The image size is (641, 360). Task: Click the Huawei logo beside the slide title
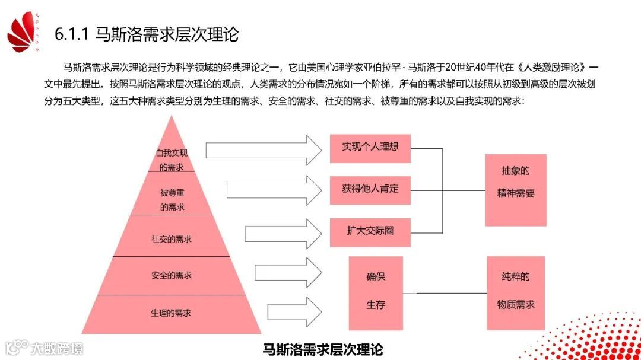[x=23, y=33]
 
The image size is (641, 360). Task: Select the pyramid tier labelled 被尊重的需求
[x=172, y=199]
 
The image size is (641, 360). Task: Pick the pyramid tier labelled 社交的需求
[x=172, y=239]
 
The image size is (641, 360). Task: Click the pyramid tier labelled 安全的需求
[x=172, y=276]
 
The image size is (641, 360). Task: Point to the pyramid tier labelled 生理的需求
[x=172, y=313]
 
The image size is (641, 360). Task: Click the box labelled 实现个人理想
[x=370, y=147]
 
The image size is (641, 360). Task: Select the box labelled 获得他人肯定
[x=370, y=189]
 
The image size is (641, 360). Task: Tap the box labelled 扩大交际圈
[x=370, y=231]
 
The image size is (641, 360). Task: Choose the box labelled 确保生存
[x=376, y=292]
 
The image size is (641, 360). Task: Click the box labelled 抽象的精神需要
[x=516, y=190]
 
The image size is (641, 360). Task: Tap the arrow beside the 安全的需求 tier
[x=288, y=273]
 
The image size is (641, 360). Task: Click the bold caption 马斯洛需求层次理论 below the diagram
[x=323, y=348]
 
